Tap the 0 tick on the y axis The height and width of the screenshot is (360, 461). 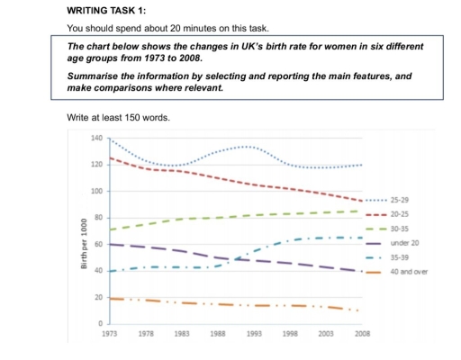coord(102,323)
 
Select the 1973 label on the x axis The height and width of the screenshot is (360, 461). coord(110,334)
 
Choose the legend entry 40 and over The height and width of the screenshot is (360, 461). coord(410,272)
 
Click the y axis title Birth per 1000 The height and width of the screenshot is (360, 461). coord(82,243)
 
